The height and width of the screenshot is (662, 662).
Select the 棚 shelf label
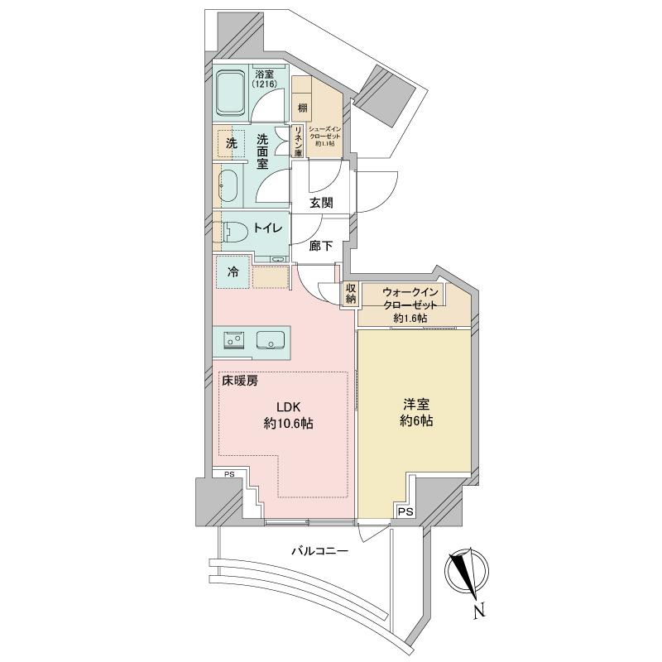pyautogui.click(x=303, y=108)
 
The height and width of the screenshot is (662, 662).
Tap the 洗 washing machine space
pyautogui.click(x=232, y=143)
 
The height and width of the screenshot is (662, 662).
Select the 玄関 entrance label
pyautogui.click(x=322, y=203)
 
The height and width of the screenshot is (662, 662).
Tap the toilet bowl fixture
pyautogui.click(x=233, y=232)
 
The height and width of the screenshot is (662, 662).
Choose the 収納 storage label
pyautogui.click(x=350, y=293)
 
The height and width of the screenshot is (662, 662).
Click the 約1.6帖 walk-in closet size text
pyautogui.click(x=409, y=319)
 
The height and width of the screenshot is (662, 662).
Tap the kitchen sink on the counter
pyautogui.click(x=272, y=340)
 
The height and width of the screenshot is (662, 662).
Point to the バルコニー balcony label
pyautogui.click(x=319, y=550)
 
